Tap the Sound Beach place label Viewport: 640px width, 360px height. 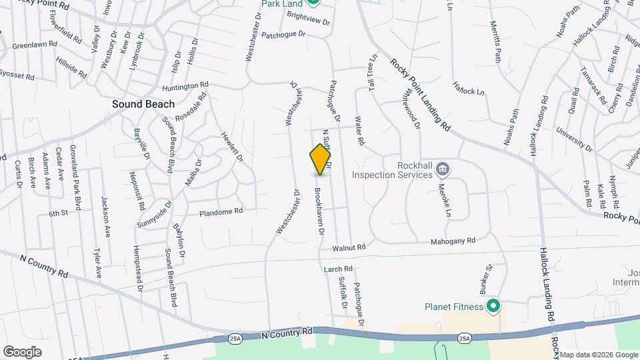pyautogui.click(x=143, y=104)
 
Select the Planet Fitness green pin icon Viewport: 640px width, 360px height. pyautogui.click(x=493, y=306)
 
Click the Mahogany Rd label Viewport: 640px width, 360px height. pyautogui.click(x=453, y=241)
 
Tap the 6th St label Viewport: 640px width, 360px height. pyautogui.click(x=58, y=213)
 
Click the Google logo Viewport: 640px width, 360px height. pyautogui.click(x=22, y=351)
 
